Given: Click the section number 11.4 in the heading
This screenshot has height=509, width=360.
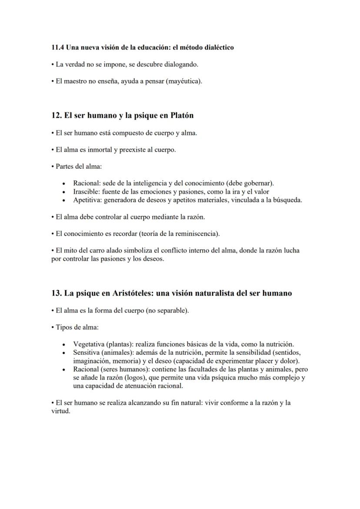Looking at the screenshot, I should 57,47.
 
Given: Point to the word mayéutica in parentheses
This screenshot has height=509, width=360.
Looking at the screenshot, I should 183,81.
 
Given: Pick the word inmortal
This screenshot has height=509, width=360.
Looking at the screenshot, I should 99,150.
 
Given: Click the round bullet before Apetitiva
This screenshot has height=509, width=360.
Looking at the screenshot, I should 64,200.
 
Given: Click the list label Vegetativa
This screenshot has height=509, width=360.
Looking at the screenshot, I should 88,344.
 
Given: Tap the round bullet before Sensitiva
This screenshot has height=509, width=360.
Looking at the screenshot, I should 64,353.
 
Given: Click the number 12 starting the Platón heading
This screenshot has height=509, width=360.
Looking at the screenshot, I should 55,116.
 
